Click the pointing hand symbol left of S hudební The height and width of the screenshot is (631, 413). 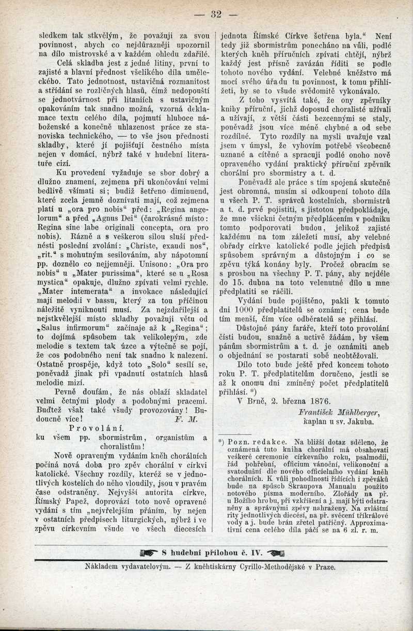(x=148, y=553)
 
